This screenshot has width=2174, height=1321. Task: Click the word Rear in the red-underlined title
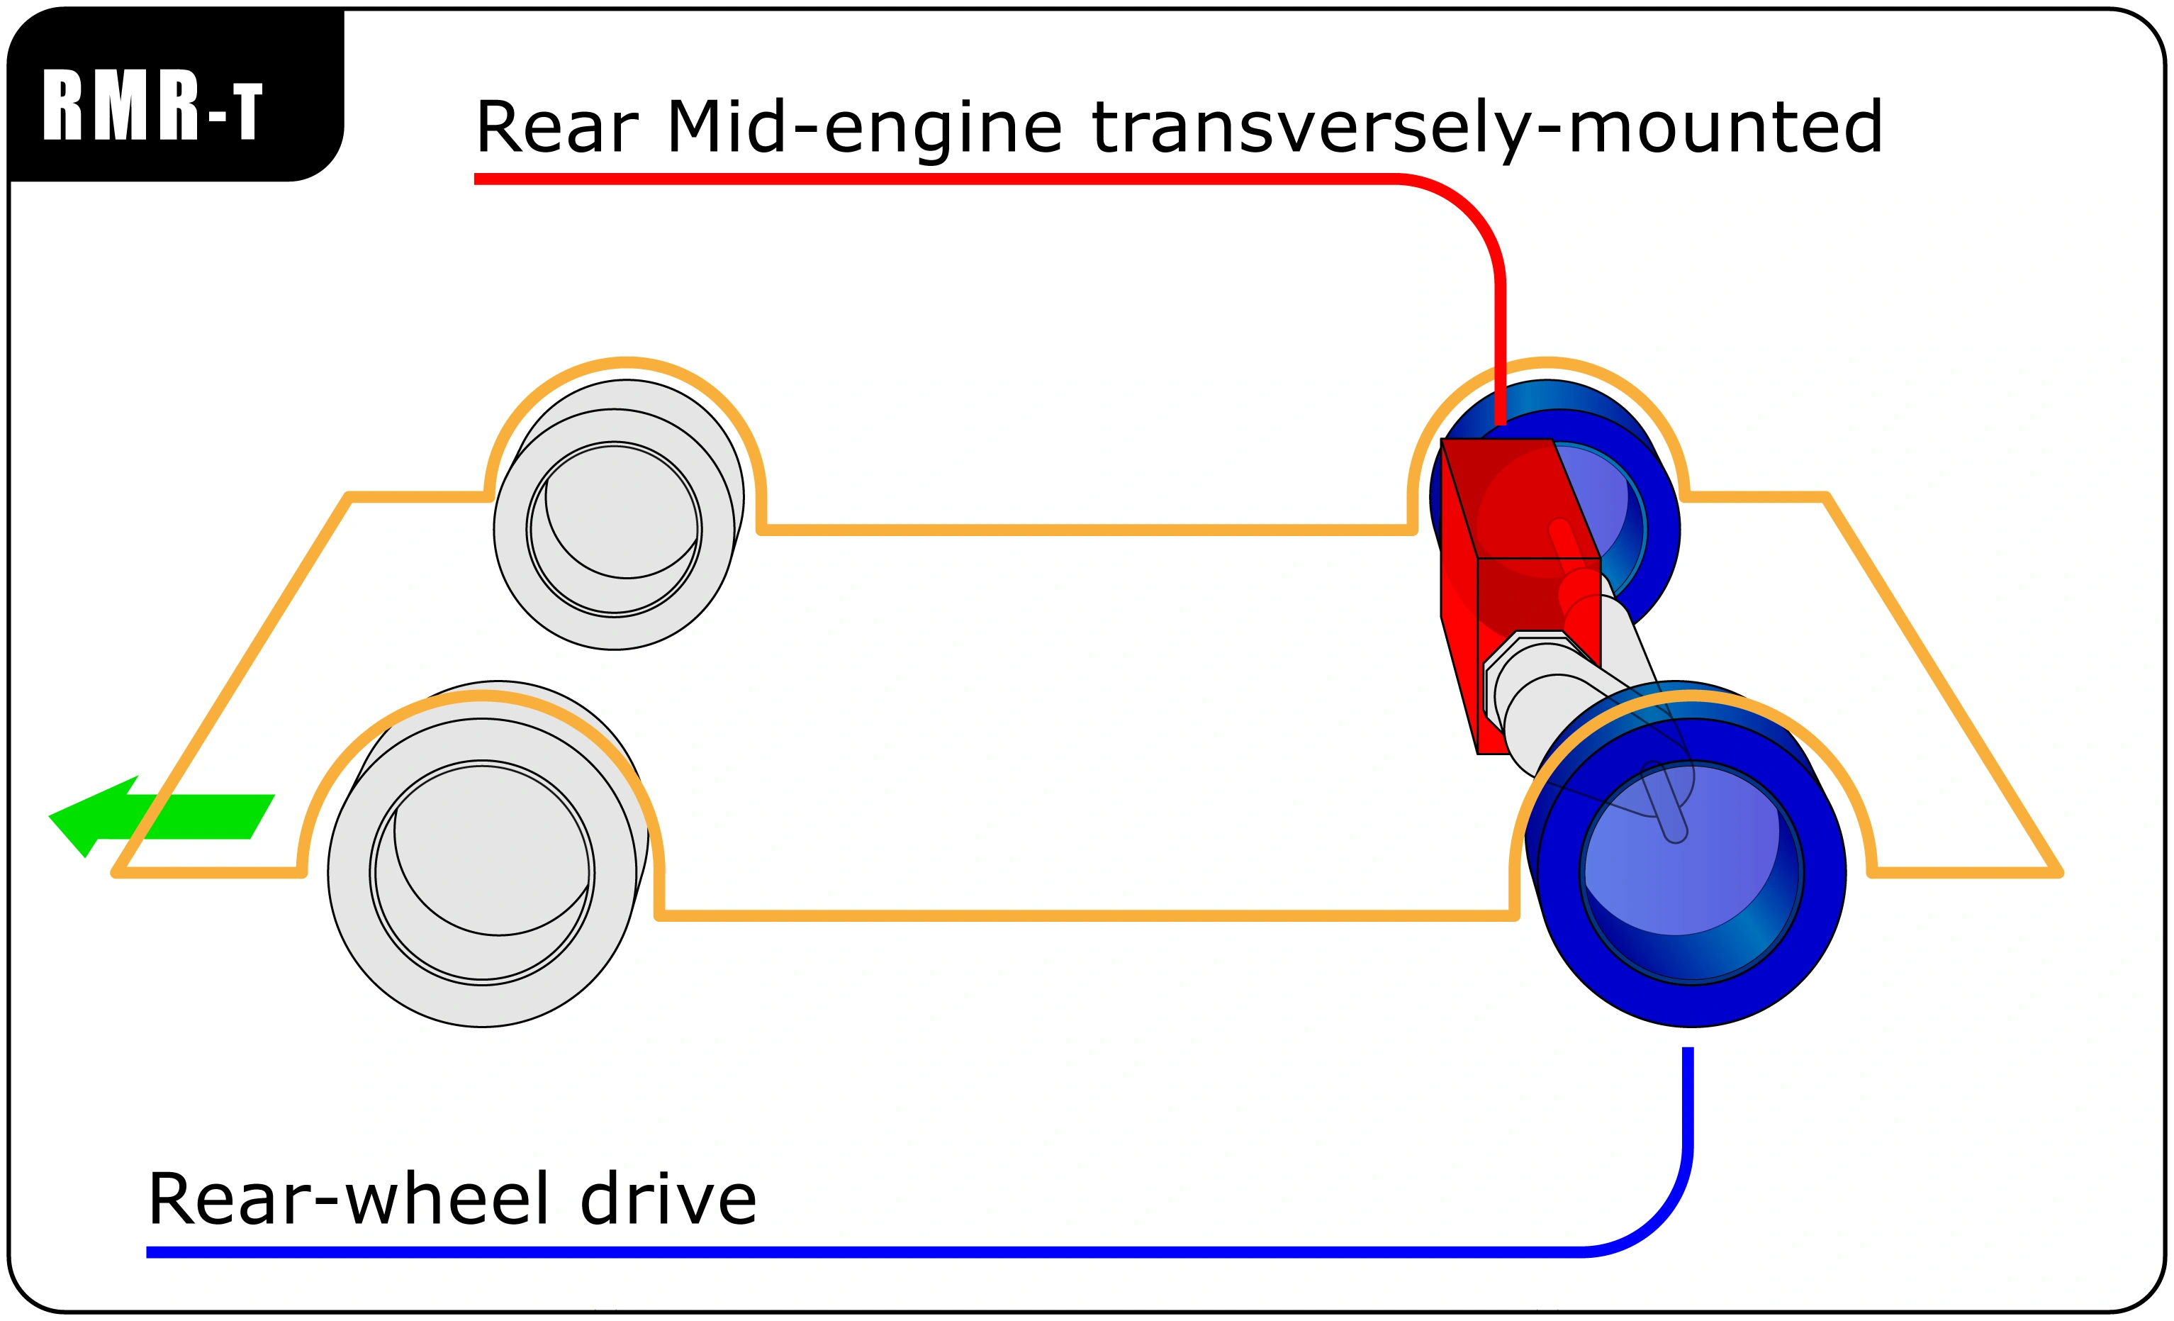pos(556,128)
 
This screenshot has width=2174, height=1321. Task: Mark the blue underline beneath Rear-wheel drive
pos(794,1252)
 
